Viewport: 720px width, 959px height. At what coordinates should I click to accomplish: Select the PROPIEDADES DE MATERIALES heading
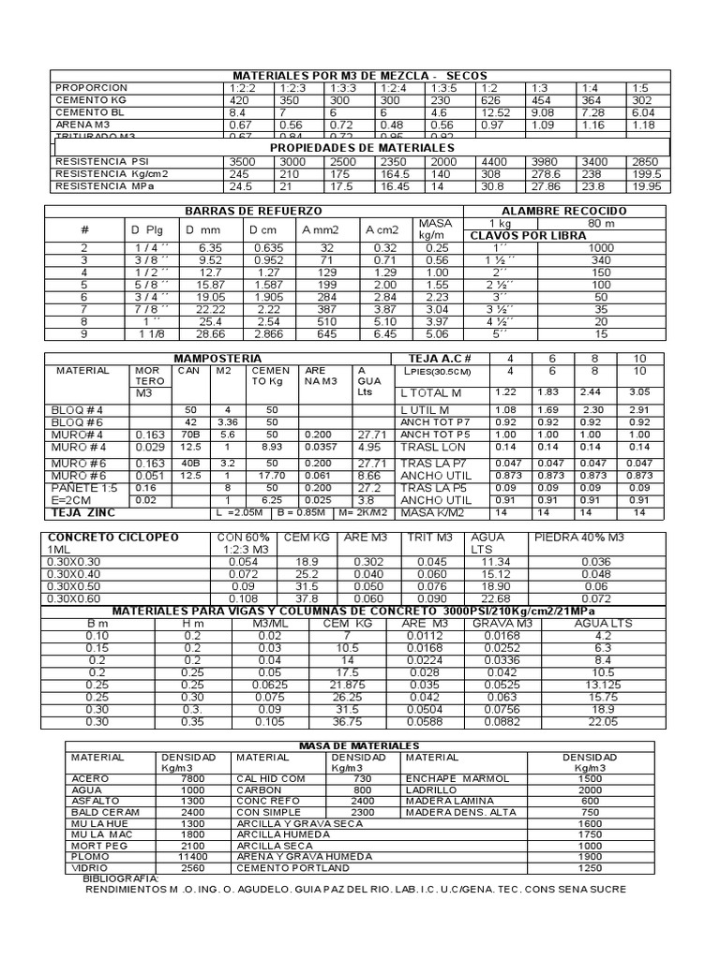(x=362, y=148)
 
